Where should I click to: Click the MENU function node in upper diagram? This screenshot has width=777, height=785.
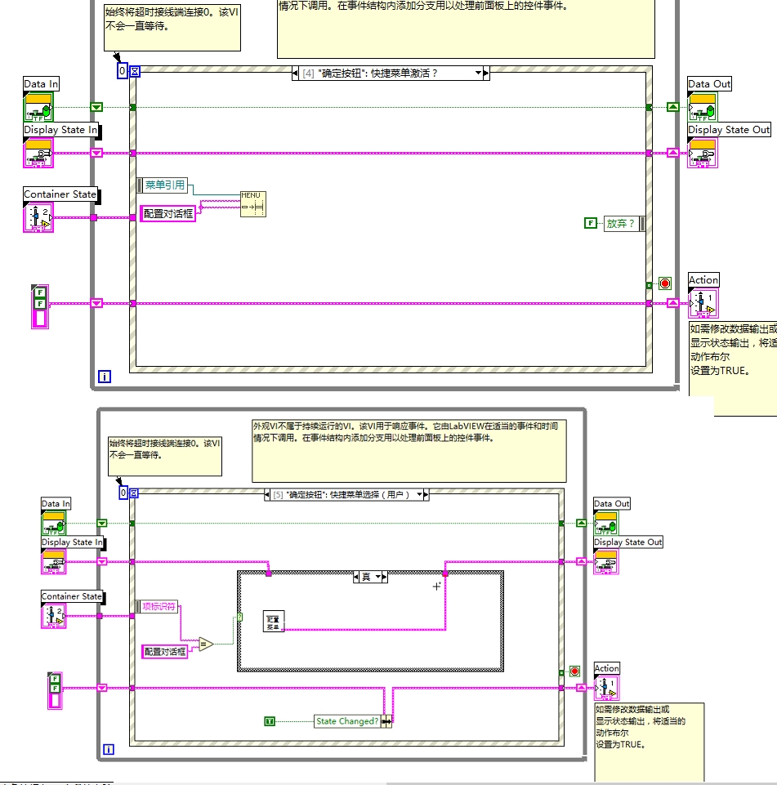[252, 203]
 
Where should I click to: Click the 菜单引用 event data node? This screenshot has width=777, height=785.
[164, 185]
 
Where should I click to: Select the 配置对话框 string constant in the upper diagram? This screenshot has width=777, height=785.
[168, 213]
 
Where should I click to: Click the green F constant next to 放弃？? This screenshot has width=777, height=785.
[590, 223]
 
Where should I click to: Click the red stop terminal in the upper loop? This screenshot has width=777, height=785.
[665, 283]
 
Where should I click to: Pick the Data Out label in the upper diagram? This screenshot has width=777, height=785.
[709, 84]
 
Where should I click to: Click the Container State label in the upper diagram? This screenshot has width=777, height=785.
[60, 194]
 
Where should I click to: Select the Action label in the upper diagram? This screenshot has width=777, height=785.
[703, 280]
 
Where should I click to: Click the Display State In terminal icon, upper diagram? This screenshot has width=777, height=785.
[38, 152]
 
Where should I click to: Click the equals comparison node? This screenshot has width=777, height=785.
[205, 644]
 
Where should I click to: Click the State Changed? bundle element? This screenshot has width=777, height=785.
[347, 721]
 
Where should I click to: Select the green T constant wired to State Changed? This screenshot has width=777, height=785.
[270, 721]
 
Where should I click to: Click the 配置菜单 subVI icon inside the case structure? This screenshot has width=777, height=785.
[273, 622]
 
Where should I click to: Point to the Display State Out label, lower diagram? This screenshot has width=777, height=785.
[627, 542]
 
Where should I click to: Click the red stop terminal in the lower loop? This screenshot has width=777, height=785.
[574, 671]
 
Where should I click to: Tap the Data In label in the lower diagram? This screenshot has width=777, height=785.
[56, 504]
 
